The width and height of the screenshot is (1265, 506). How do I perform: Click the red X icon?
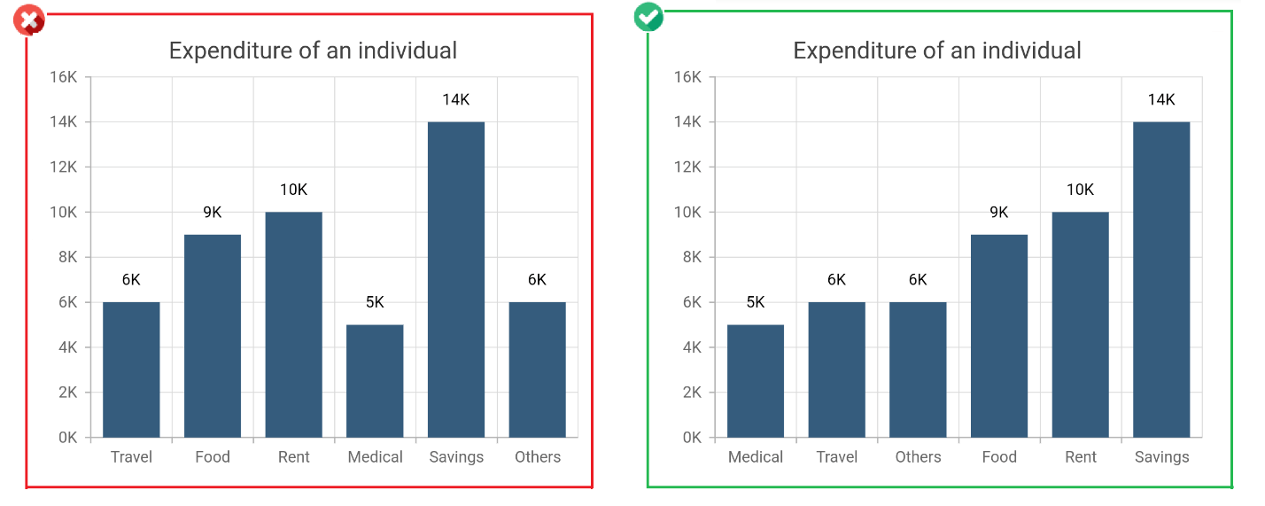pyautogui.click(x=29, y=19)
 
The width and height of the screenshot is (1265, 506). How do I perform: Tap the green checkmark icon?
pyautogui.click(x=648, y=17)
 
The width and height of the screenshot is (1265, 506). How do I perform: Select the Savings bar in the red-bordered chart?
pyautogui.click(x=456, y=279)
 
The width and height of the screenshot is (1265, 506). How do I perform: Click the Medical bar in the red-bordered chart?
pyautogui.click(x=375, y=381)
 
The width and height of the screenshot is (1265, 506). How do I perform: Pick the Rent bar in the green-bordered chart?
pyautogui.click(x=1081, y=324)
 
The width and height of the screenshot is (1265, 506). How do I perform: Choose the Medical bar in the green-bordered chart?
pyautogui.click(x=756, y=381)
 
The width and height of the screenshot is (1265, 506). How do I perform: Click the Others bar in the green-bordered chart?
pyautogui.click(x=918, y=370)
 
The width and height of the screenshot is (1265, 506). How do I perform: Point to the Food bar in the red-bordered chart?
pyautogui.click(x=213, y=336)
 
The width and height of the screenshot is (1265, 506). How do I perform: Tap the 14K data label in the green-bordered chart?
pyautogui.click(x=1161, y=99)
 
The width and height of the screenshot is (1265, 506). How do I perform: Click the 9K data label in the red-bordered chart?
pyautogui.click(x=213, y=212)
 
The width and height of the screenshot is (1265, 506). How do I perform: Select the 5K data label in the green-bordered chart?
pyautogui.click(x=756, y=302)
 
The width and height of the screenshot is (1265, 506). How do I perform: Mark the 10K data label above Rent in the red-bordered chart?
pyautogui.click(x=293, y=190)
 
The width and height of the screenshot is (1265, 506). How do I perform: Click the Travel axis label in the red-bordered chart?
pyautogui.click(x=131, y=457)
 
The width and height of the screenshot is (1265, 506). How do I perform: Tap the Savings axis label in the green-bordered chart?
pyautogui.click(x=1161, y=457)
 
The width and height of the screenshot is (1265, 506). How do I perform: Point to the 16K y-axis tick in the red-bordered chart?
pyautogui.click(x=64, y=77)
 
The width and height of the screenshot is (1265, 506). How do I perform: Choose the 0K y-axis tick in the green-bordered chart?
pyautogui.click(x=688, y=438)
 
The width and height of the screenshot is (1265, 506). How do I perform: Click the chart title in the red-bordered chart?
pyautogui.click(x=313, y=51)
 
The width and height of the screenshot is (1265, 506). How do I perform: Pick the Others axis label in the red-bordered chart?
pyautogui.click(x=538, y=457)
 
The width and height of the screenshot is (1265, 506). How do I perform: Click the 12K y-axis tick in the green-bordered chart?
pyautogui.click(x=688, y=167)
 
